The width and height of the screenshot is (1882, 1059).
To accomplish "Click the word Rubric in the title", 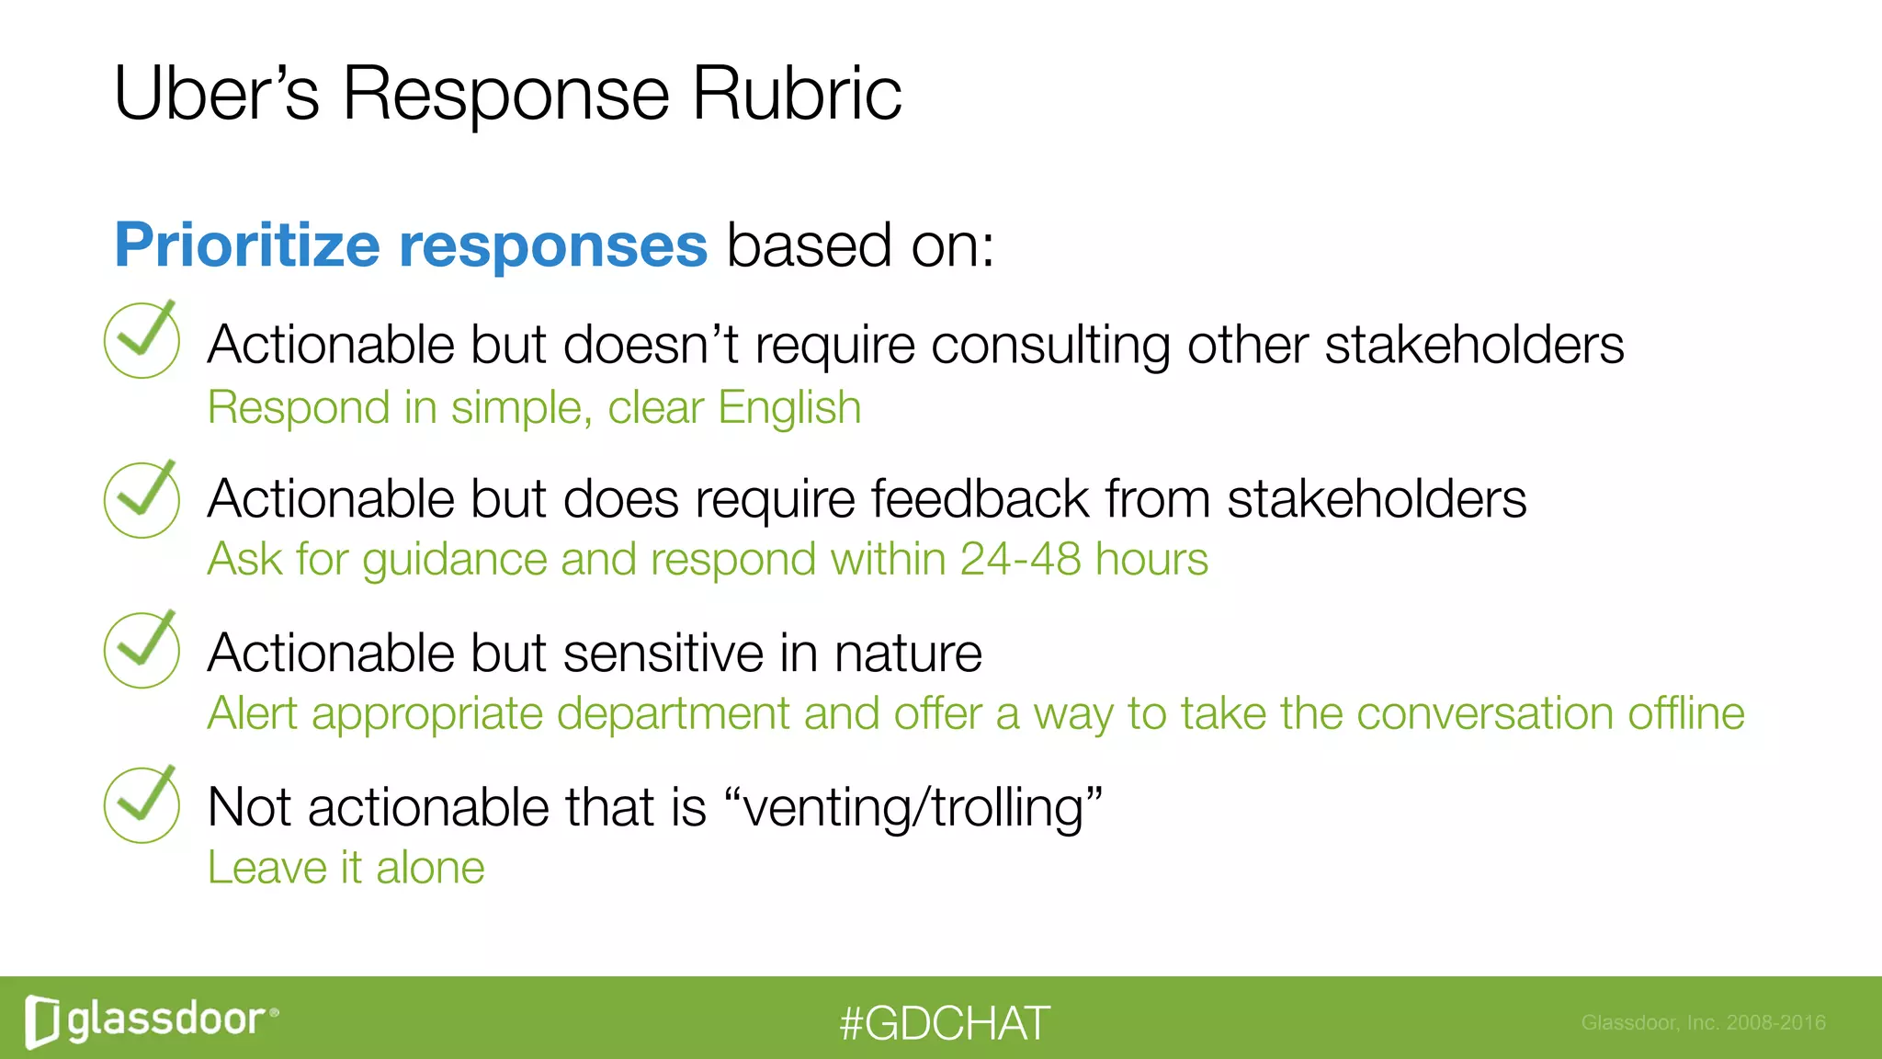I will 796,94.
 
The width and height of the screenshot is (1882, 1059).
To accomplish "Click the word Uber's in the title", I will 216,94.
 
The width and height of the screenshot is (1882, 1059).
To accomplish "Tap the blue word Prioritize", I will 246,246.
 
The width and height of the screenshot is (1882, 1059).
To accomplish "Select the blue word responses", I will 552,246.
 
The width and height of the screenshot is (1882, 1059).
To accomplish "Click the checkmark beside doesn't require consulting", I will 142,339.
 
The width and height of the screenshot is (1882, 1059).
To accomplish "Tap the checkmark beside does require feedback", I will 142,499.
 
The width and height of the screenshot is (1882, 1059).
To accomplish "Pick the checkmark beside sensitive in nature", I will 142,650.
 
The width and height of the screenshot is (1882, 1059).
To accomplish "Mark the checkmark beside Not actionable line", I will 142,804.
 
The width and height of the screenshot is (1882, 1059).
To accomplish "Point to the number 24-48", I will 1019,559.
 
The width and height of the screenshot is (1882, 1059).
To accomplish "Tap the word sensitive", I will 663,654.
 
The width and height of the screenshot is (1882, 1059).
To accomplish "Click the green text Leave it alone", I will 346,868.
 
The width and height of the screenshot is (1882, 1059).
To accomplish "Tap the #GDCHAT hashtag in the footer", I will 944,1023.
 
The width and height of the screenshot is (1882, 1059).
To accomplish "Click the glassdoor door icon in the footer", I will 42,1020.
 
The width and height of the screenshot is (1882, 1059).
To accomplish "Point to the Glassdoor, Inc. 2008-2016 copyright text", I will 1703,1022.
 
